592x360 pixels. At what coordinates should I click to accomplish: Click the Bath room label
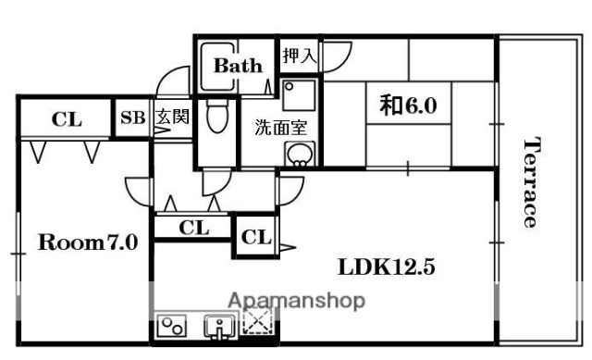click(x=239, y=66)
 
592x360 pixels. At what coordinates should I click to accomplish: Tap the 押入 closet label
click(x=299, y=55)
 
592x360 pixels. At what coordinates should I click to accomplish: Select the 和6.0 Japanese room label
click(x=407, y=106)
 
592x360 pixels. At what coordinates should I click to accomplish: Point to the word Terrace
click(x=531, y=182)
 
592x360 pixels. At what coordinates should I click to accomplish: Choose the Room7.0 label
click(x=88, y=243)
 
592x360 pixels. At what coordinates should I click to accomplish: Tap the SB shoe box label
click(x=132, y=118)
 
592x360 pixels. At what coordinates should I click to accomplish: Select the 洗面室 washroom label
click(x=280, y=128)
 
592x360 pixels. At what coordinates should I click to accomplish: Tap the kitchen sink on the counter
click(x=216, y=325)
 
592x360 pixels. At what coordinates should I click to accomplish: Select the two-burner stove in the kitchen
click(x=173, y=325)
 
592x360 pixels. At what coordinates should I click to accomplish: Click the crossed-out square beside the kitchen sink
click(x=256, y=323)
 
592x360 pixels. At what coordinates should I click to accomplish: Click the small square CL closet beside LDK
click(x=256, y=237)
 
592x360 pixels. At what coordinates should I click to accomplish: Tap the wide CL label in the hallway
click(x=194, y=227)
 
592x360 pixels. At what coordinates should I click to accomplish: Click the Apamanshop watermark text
click(x=296, y=301)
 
